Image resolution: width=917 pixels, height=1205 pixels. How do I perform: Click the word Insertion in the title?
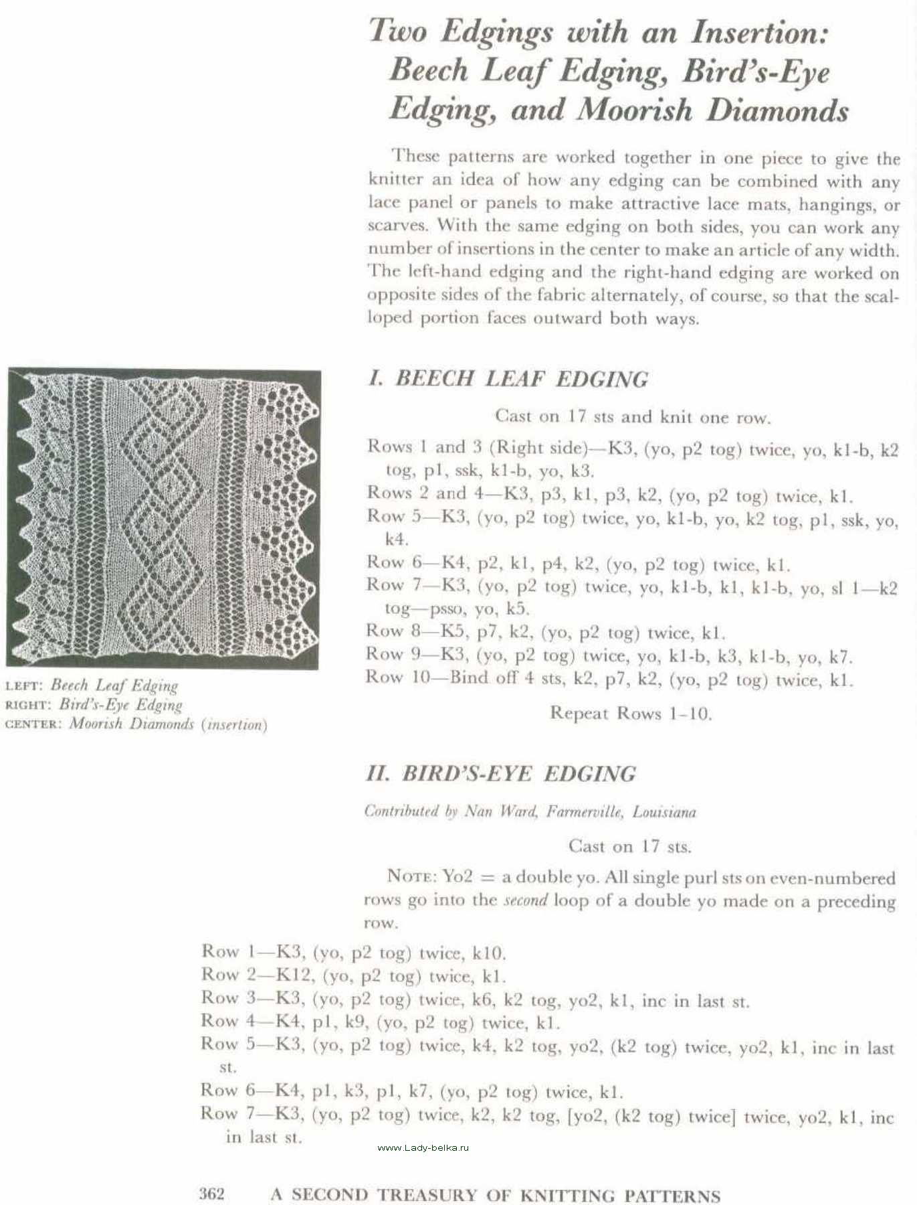(x=759, y=32)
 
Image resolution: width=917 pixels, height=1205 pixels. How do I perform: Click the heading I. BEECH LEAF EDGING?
(x=508, y=378)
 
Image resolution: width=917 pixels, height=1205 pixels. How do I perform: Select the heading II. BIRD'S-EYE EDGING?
(x=501, y=774)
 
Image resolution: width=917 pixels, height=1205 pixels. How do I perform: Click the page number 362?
(x=212, y=1194)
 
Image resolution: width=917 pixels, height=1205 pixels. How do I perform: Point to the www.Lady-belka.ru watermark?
(x=423, y=1147)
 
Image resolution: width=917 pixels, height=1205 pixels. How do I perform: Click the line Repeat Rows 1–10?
(x=630, y=713)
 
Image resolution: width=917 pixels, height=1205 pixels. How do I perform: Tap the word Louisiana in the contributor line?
(x=664, y=812)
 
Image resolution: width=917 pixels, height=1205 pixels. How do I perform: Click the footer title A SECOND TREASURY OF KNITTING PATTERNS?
(x=495, y=1195)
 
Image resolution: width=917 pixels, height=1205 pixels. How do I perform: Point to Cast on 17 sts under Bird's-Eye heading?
(x=629, y=846)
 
